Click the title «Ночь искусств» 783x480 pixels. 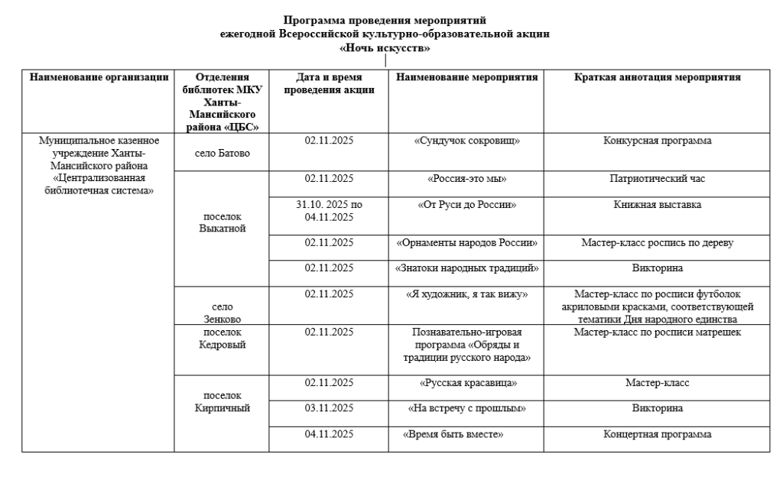click(x=385, y=48)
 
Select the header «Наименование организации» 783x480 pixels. click(x=98, y=77)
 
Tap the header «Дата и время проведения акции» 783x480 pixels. click(x=329, y=83)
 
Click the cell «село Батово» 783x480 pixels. click(x=221, y=153)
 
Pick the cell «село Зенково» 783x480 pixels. click(x=221, y=312)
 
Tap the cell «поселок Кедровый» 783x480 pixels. click(x=221, y=338)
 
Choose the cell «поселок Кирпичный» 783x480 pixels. click(x=221, y=402)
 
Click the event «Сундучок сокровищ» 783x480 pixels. click(x=467, y=141)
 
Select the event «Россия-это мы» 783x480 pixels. click(x=467, y=179)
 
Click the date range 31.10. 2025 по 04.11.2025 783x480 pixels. click(x=329, y=211)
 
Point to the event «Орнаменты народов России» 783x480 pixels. click(x=467, y=243)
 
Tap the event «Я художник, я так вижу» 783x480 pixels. click(x=467, y=294)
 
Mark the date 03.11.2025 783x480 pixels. click(x=329, y=408)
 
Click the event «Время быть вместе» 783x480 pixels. click(x=456, y=435)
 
